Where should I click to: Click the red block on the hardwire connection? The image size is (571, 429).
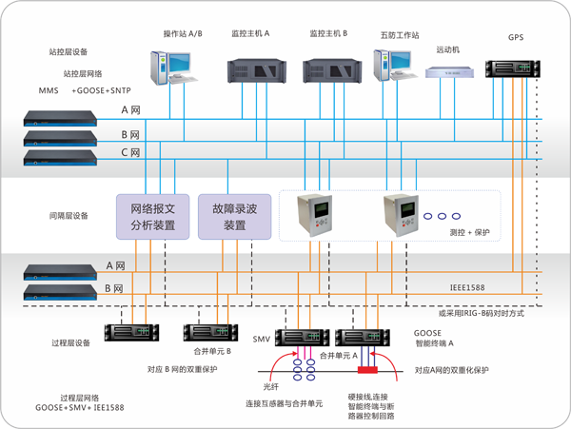pyautogui.click(x=367, y=368)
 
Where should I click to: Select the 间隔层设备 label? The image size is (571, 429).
pyautogui.click(x=68, y=216)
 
